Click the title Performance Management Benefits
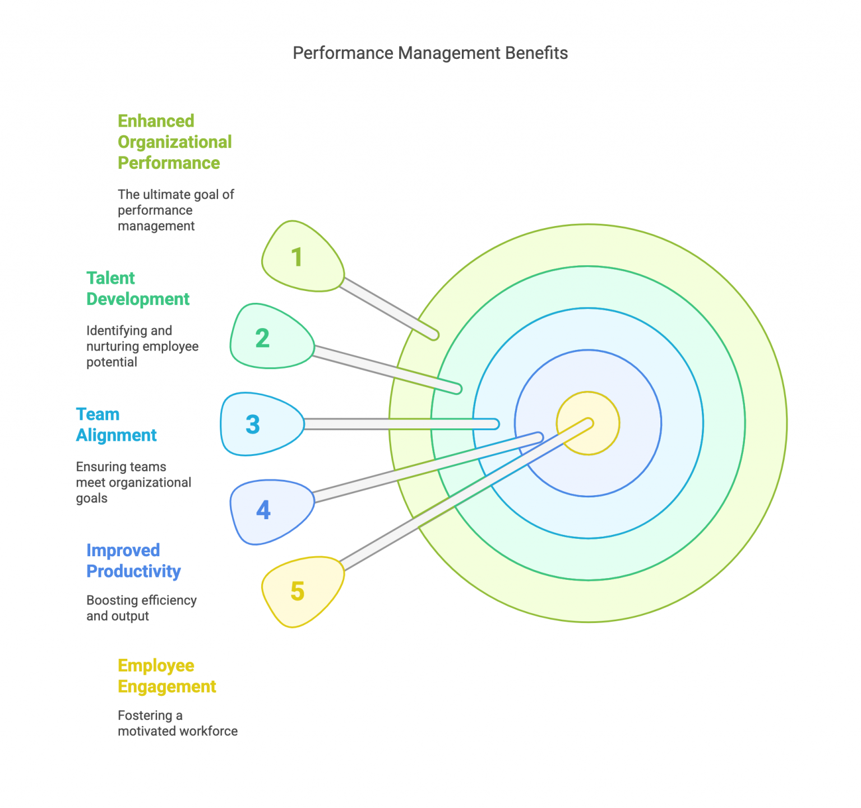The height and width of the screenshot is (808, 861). coord(430,53)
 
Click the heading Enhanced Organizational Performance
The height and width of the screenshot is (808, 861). coord(174,142)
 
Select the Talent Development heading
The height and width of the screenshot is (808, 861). coord(138,289)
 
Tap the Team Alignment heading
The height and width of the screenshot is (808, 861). coord(116,425)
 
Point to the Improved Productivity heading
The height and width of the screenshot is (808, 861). coord(133,561)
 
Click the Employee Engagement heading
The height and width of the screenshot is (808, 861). coord(166,676)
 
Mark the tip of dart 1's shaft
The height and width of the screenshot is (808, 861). coord(433,335)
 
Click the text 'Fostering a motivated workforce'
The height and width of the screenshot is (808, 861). coord(177,723)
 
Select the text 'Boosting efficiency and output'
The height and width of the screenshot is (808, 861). coord(141,608)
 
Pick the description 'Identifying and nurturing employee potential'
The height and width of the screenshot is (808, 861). coord(142,347)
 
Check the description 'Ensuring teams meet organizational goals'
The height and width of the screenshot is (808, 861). coord(133,483)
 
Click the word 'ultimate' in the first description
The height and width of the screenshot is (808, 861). coord(166,195)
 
